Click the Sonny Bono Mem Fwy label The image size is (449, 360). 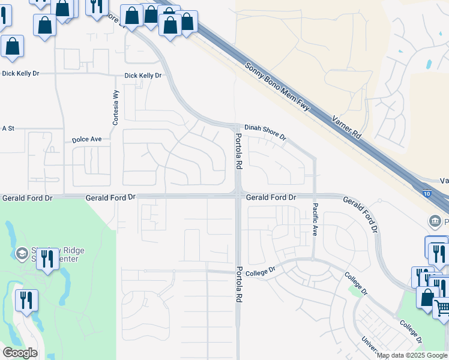tap(277, 88)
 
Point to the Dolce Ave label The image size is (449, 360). tap(87, 139)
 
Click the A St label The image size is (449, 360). tap(8, 128)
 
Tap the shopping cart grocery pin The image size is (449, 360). tap(442, 307)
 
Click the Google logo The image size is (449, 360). tap(20, 352)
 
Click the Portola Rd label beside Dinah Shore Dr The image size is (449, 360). tap(238, 151)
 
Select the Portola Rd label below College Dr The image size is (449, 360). tap(239, 284)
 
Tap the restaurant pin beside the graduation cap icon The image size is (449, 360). tap(48, 259)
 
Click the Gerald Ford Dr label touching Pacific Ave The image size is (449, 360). tap(271, 197)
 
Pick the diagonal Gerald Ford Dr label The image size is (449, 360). tap(361, 213)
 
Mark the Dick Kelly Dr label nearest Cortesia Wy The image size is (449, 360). tap(143, 76)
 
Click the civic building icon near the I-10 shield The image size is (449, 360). tap(434, 221)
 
